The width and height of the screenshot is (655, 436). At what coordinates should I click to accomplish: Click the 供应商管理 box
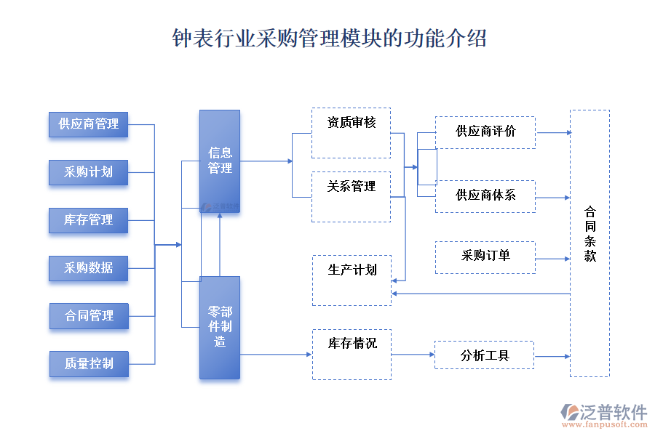point(88,124)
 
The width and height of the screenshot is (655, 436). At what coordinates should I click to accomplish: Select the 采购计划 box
point(88,172)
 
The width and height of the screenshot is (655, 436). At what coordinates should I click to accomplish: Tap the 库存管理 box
point(88,220)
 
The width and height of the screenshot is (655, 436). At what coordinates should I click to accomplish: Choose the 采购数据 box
point(88,268)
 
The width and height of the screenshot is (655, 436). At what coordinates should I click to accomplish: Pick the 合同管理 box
point(89,316)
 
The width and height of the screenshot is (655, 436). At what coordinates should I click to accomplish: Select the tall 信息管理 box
point(220,161)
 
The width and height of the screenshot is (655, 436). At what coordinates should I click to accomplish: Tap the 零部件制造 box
point(220,327)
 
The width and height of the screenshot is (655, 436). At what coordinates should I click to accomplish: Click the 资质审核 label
point(352,123)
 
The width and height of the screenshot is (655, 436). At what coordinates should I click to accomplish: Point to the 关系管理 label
point(352,187)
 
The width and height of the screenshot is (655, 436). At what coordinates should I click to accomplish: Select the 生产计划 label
point(352,270)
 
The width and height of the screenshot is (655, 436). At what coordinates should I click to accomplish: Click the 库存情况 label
point(352,344)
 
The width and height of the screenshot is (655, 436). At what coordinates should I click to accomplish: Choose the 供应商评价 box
point(485,132)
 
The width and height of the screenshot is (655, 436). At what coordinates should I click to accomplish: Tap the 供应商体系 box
point(485,196)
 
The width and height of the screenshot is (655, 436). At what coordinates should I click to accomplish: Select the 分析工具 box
point(485,356)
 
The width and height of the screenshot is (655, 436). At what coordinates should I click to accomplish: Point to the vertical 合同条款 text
point(589,234)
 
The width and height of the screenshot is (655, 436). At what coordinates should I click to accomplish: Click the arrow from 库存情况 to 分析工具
point(413,355)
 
